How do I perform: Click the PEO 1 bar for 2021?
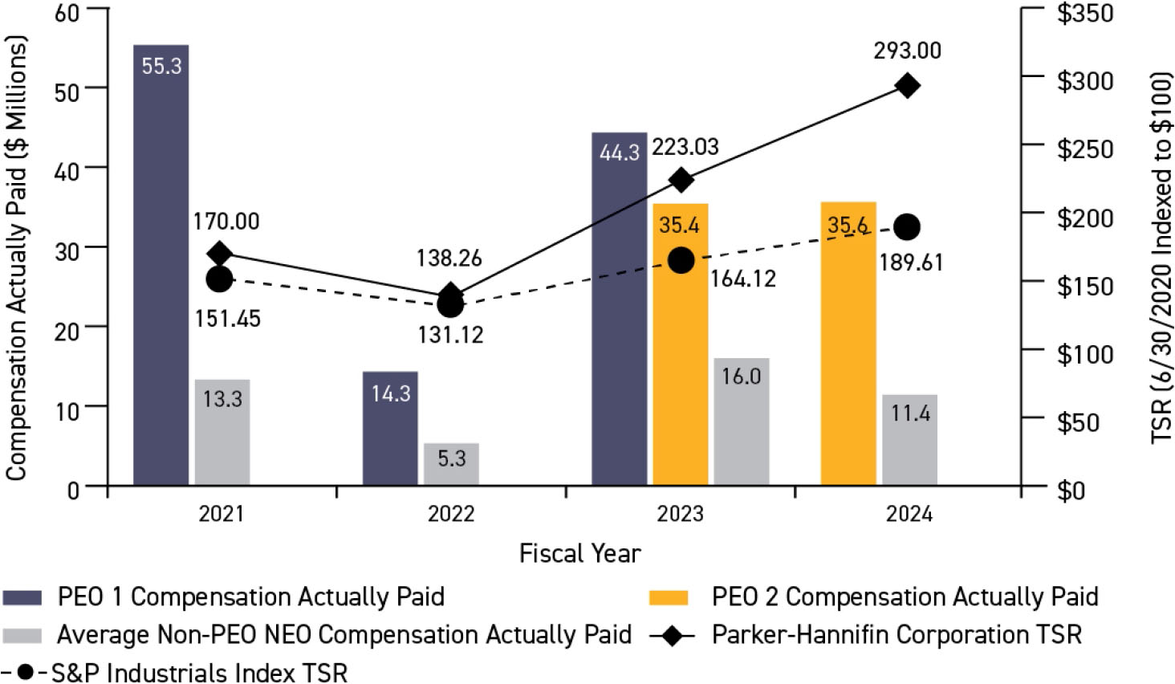(161, 265)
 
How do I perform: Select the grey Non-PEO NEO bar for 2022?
(451, 464)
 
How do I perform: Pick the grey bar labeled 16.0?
(741, 421)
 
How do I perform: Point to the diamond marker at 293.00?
(908, 86)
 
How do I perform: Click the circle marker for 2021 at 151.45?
(219, 279)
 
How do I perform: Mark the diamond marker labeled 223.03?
(681, 180)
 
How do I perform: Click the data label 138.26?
(449, 258)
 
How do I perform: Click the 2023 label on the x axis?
(680, 514)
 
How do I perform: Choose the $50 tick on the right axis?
(1078, 421)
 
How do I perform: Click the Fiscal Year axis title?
(579, 553)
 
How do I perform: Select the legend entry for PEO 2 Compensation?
(905, 596)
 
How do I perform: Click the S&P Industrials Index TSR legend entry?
(199, 672)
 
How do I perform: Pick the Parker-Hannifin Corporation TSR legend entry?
(896, 634)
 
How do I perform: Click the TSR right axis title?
(1161, 257)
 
